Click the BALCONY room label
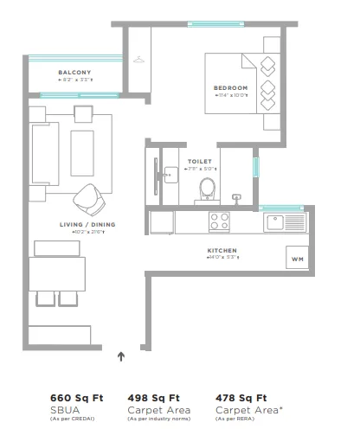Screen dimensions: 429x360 click(x=75, y=72)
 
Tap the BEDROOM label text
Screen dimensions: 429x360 click(x=230, y=88)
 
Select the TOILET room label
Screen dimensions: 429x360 click(x=198, y=161)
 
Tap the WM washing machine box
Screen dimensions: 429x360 click(x=297, y=259)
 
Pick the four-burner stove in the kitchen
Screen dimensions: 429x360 click(x=218, y=222)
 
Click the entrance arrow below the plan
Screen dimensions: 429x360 click(x=121, y=354)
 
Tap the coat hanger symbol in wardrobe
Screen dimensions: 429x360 click(x=139, y=58)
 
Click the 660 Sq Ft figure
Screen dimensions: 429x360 click(x=77, y=397)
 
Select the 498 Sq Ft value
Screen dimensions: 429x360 click(x=154, y=397)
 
